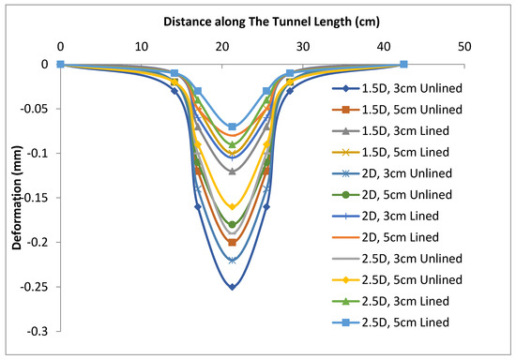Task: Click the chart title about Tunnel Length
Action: click(x=258, y=21)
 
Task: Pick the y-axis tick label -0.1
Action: click(x=40, y=153)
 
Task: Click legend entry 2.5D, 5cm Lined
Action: click(x=404, y=322)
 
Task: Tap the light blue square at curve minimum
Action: click(x=232, y=127)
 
